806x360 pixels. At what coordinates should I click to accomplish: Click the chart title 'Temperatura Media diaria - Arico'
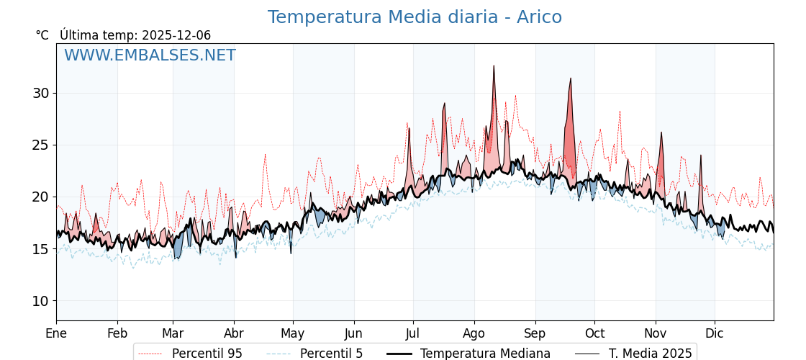[415, 17]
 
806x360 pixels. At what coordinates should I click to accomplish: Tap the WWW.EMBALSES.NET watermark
[150, 55]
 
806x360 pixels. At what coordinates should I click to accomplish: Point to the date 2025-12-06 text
[176, 35]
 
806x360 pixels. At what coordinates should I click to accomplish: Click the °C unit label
[42, 35]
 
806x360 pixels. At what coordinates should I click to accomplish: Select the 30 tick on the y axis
[40, 93]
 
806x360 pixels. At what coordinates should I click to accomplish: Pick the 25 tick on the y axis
[40, 145]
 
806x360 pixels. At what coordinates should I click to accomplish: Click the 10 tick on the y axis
[40, 301]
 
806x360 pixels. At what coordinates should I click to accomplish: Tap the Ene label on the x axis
[56, 333]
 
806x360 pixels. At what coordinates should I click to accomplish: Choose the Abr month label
[234, 333]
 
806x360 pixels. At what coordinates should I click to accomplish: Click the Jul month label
[413, 333]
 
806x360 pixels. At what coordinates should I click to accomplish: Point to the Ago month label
[474, 333]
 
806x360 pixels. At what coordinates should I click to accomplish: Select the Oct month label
[594, 333]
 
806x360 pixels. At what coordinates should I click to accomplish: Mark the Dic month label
[715, 333]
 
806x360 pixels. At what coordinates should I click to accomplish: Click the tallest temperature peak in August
[494, 66]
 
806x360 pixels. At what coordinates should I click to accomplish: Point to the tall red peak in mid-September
[571, 78]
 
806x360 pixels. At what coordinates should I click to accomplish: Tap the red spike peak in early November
[661, 132]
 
